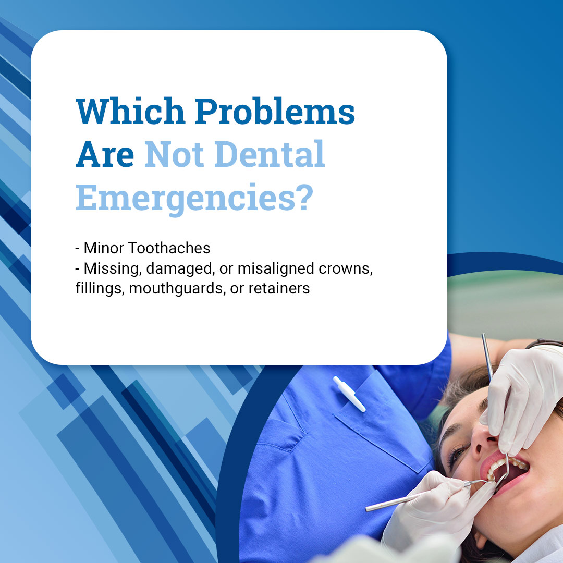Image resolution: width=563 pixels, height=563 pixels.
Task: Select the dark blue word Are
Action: (x=105, y=154)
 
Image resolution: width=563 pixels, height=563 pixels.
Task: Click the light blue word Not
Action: (x=174, y=154)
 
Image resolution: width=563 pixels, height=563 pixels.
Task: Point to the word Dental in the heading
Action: (x=270, y=154)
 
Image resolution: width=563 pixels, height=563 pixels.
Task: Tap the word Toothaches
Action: (x=169, y=248)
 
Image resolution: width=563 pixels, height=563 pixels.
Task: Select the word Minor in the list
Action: (x=104, y=248)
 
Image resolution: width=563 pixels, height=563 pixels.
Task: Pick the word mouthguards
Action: (x=177, y=289)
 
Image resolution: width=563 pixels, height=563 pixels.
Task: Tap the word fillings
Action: (x=100, y=289)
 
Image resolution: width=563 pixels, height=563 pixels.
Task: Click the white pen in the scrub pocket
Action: (x=349, y=394)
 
